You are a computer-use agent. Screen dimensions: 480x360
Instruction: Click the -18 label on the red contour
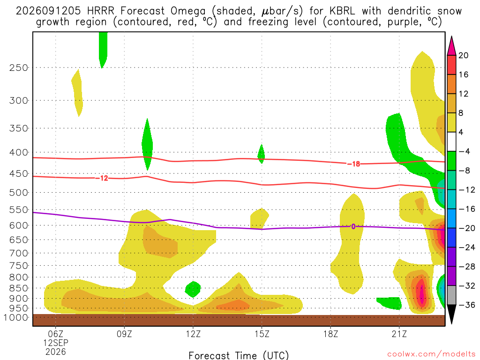coord(353,164)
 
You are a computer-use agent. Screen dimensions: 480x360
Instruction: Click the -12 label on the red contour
coord(102,178)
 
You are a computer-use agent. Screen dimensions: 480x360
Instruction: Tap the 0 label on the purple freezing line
coord(353,226)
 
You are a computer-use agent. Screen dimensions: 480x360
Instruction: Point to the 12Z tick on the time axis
coord(193,334)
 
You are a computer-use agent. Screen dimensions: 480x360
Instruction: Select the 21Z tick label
coord(399,334)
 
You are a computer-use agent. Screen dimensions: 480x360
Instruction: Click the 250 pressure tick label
coord(19,67)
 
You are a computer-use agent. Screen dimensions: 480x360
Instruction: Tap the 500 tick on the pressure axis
coord(19,193)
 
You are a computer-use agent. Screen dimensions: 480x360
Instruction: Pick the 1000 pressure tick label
coord(16,318)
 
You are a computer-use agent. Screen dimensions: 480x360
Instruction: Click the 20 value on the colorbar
coord(464,55)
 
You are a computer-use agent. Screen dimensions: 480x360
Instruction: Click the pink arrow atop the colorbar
coord(451,45)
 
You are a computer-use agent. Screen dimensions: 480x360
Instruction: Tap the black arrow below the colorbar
coord(451,314)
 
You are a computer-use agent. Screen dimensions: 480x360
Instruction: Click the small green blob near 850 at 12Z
coord(193,289)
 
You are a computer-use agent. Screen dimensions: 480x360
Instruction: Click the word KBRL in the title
coord(342,11)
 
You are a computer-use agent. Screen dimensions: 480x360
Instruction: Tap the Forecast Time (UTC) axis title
coord(239,355)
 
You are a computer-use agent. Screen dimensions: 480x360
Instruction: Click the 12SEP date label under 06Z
coord(56,343)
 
